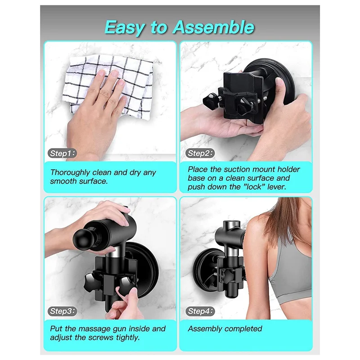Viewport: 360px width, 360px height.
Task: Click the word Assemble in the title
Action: tap(213, 27)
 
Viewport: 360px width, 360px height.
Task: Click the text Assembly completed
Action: tap(225, 328)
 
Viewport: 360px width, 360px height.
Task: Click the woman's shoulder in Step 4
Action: tap(265, 225)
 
